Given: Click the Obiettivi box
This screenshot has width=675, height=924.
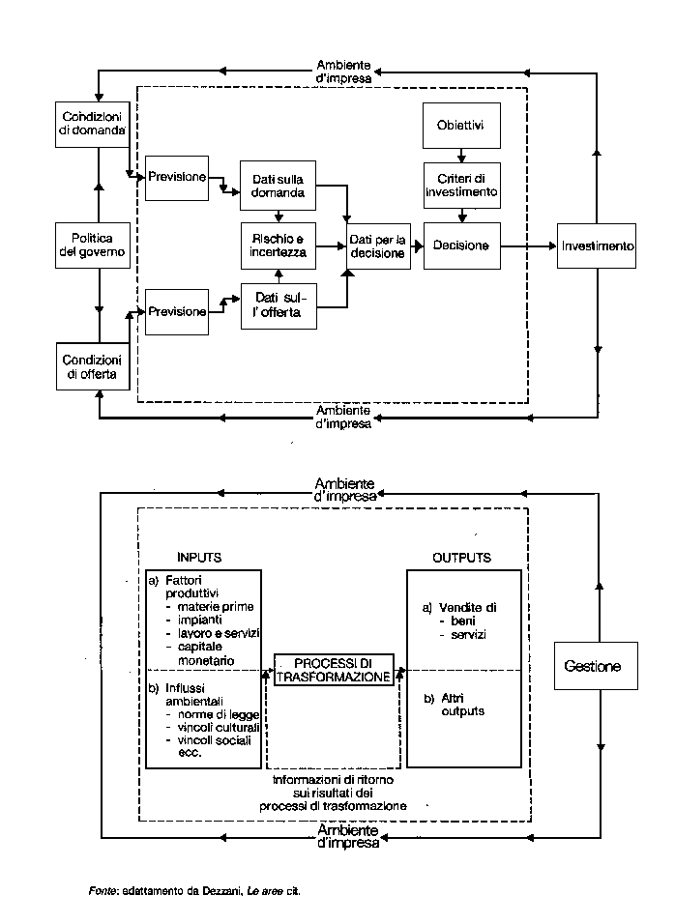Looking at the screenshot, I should point(461,127).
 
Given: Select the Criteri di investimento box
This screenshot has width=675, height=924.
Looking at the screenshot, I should point(461,185).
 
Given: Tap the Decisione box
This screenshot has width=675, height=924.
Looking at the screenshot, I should point(461,245).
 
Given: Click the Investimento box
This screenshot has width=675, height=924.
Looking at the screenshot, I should point(598,245).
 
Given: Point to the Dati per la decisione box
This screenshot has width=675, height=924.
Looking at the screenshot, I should point(380,245).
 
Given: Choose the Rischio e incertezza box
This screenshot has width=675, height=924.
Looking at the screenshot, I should point(279,245).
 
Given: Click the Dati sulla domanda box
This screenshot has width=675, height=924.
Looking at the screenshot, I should point(279,185).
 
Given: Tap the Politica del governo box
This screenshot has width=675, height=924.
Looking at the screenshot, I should point(92,245).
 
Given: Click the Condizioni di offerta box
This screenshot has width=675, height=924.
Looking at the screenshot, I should point(92,367).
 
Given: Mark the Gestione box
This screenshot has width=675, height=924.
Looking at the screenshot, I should point(594,666).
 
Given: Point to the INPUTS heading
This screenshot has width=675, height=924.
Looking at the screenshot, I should point(199,558).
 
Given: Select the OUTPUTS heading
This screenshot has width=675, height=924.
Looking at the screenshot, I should point(461,558).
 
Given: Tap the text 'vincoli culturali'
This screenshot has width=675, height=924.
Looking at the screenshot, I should point(208,725).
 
